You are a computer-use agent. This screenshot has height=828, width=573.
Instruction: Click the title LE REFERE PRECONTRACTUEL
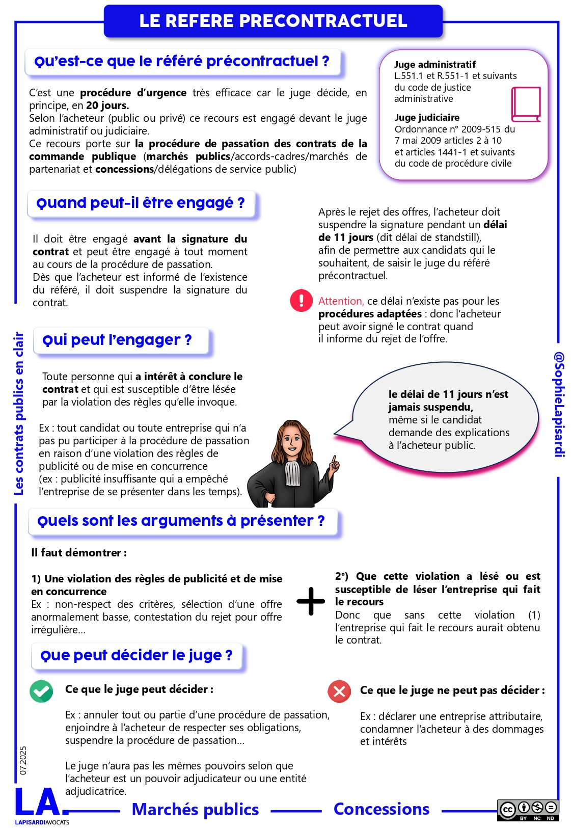[x=273, y=21]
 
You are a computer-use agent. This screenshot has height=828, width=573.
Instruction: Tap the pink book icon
[x=526, y=104]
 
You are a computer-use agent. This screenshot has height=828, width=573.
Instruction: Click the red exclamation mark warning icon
[x=301, y=300]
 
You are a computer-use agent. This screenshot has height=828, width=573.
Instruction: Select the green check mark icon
[x=41, y=691]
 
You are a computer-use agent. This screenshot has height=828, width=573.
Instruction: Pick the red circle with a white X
[x=339, y=691]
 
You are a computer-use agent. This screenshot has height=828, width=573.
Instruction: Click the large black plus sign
[x=311, y=601]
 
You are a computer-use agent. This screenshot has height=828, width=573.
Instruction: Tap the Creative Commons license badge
[x=528, y=810]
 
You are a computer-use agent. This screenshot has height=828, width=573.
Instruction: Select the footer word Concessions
[x=381, y=809]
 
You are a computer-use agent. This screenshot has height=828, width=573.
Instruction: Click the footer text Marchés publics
[x=195, y=810]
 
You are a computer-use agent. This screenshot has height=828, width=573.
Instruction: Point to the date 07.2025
[x=23, y=761]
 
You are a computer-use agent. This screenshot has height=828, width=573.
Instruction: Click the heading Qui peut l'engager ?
[x=117, y=340]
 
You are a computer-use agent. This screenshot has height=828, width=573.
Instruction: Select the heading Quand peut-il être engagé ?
[x=141, y=203]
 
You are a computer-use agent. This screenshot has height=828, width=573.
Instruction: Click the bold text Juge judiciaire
[x=427, y=118]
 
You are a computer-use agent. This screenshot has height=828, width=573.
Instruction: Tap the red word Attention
[x=341, y=301]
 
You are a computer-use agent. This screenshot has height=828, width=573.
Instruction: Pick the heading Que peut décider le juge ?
[x=136, y=655]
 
